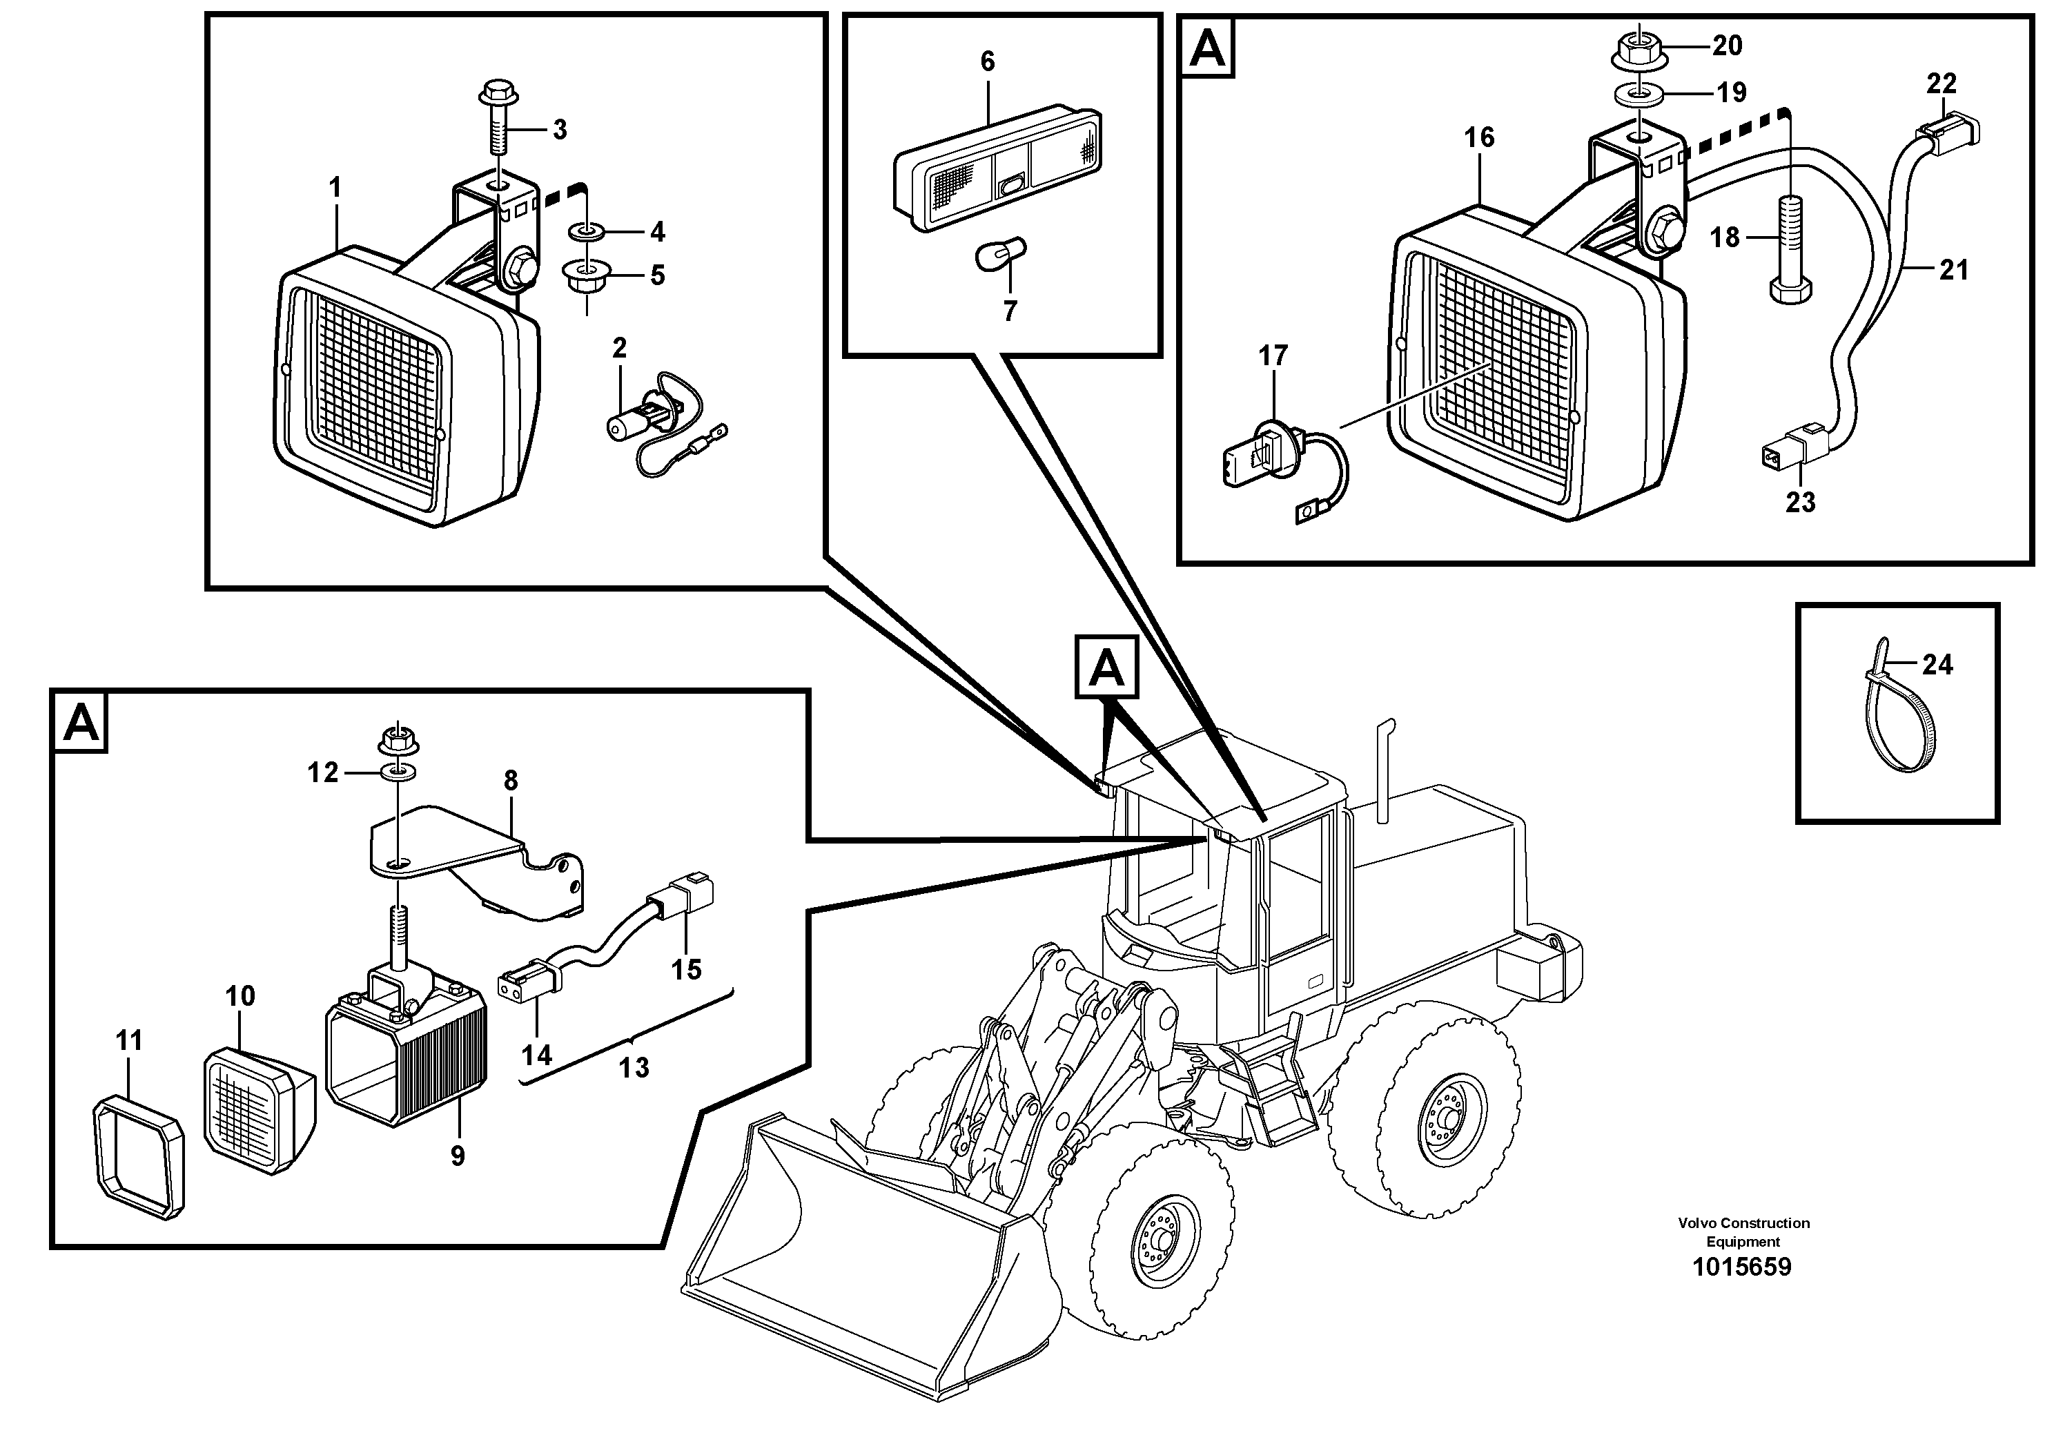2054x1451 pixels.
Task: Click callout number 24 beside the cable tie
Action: tap(1937, 665)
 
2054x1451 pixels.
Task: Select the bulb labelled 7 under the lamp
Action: tap(1000, 257)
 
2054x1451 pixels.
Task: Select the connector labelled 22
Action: tap(1950, 130)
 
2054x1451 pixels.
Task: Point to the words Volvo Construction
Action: tap(1743, 1223)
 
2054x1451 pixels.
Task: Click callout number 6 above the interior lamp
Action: tap(987, 61)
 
